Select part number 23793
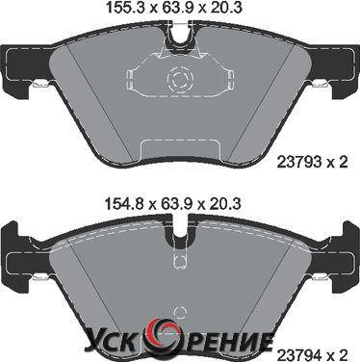[299, 163]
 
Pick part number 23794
[299, 355]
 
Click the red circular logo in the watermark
[162, 336]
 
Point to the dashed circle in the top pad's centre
[179, 78]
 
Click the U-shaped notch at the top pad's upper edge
[180, 36]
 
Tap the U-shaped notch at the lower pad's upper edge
[180, 234]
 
